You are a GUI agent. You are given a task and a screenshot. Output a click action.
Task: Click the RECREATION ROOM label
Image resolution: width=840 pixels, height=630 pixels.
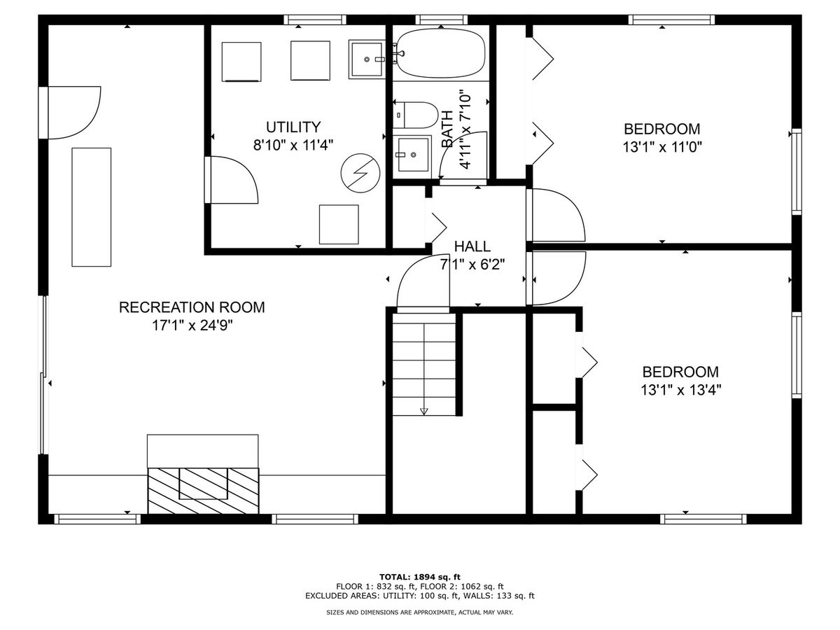pyautogui.click(x=192, y=307)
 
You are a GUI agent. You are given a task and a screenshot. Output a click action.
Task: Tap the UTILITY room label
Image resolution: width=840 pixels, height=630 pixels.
pyautogui.click(x=293, y=127)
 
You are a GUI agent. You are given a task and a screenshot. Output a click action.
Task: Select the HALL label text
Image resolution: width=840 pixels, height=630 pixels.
pyautogui.click(x=472, y=246)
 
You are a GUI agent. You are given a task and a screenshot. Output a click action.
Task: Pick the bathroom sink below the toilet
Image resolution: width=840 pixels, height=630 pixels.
pyautogui.click(x=413, y=155)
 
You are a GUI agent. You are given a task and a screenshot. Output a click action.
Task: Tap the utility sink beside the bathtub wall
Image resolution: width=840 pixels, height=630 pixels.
pyautogui.click(x=367, y=59)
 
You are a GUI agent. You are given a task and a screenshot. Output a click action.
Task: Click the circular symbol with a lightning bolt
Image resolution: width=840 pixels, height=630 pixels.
pyautogui.click(x=360, y=173)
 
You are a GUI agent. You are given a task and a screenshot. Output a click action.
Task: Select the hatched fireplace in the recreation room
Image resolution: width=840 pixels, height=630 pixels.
pyautogui.click(x=203, y=491)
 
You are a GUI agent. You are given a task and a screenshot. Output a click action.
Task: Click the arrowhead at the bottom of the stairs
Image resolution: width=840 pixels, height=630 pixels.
pyautogui.click(x=423, y=412)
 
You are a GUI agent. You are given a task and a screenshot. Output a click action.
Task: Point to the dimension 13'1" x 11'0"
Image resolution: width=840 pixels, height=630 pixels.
pyautogui.click(x=662, y=147)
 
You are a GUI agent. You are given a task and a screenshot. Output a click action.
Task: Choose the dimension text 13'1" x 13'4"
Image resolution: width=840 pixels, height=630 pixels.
pyautogui.click(x=681, y=390)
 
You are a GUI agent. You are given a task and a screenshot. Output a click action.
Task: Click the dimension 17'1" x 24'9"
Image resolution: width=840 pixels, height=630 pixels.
pyautogui.click(x=192, y=325)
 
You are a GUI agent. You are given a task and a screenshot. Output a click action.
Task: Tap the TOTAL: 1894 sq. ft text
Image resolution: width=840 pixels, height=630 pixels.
pyautogui.click(x=420, y=577)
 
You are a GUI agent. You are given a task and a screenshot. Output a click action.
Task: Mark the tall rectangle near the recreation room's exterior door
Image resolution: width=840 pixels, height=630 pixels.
pyautogui.click(x=92, y=207)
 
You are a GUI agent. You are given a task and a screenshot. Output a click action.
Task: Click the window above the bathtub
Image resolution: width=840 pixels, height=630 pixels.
pyautogui.click(x=441, y=20)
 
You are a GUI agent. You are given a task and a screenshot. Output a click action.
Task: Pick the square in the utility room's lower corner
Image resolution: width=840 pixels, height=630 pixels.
pyautogui.click(x=339, y=225)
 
